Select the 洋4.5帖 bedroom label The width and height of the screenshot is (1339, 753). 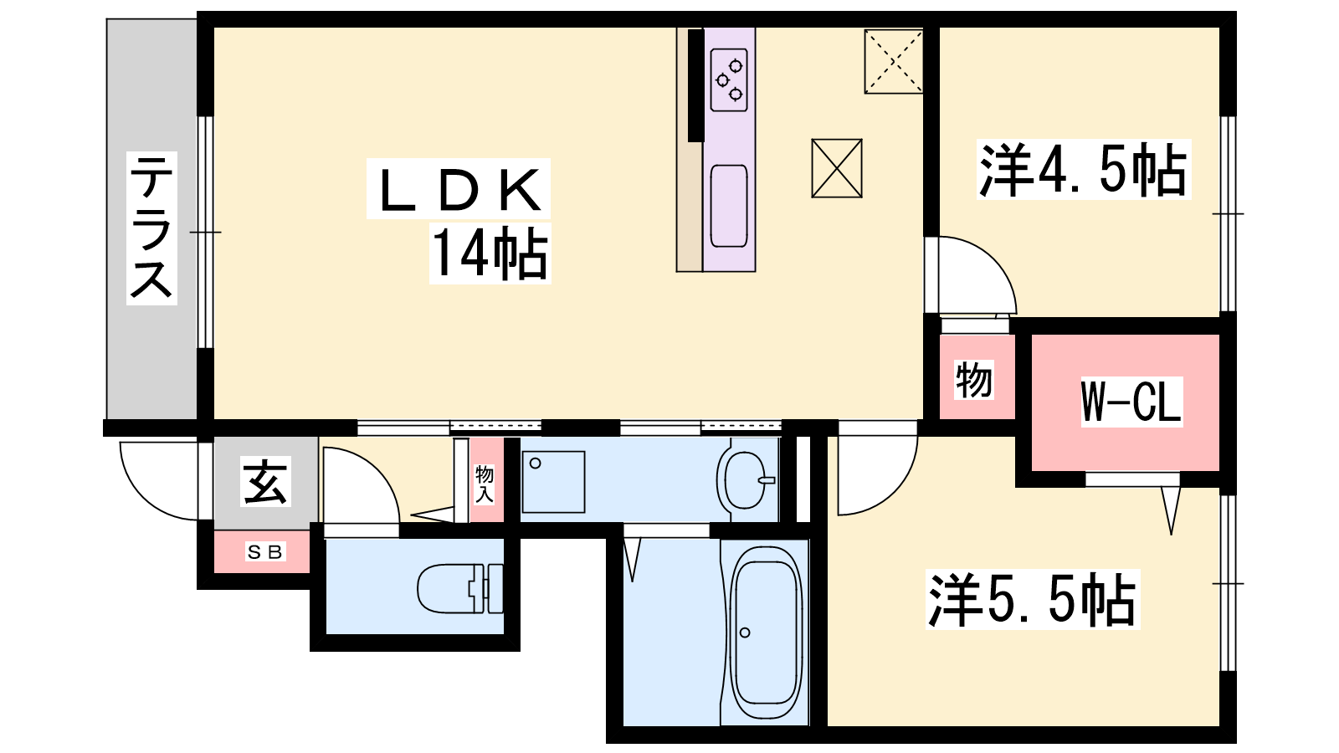(x=1083, y=170)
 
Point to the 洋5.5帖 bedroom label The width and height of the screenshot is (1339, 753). (x=1033, y=599)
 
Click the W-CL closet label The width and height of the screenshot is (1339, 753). (x=1131, y=401)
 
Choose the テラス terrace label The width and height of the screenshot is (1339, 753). (x=151, y=228)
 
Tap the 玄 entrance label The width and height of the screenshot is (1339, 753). (x=265, y=482)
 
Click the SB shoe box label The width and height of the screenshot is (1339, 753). (x=264, y=552)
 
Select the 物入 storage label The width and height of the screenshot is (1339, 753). (x=485, y=484)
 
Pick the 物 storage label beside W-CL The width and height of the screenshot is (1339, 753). (x=974, y=380)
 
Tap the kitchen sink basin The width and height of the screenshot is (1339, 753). (x=729, y=206)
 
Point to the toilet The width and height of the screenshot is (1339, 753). (x=459, y=589)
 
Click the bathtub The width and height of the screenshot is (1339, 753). (x=765, y=633)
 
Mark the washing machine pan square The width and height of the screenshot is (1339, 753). (x=553, y=482)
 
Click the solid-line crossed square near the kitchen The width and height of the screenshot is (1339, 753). (x=836, y=168)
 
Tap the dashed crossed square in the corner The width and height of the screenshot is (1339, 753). (x=894, y=62)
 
